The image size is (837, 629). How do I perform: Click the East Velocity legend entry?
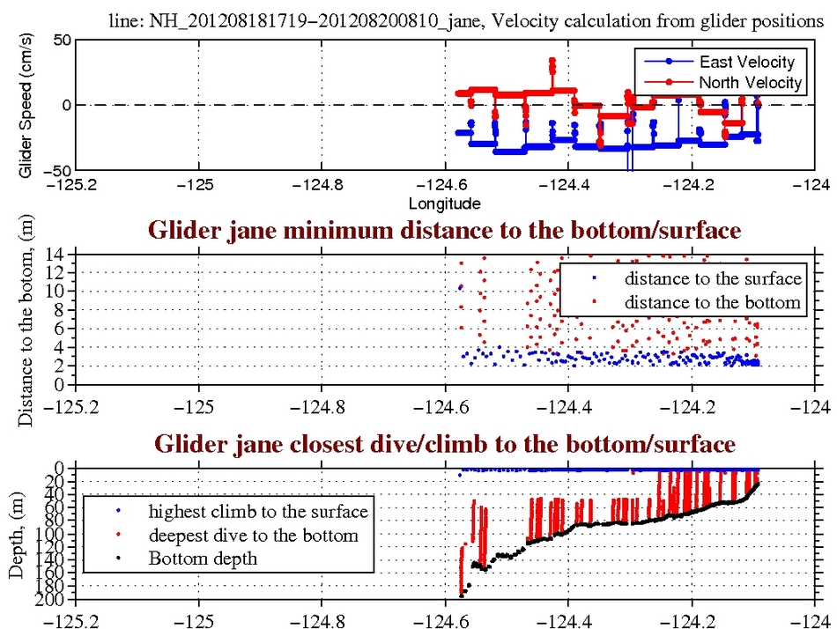pos(746,62)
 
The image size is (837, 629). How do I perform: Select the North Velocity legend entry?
pos(750,83)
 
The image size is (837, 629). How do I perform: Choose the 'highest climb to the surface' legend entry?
pos(257,511)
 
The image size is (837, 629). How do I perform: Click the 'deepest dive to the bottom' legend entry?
pos(253,535)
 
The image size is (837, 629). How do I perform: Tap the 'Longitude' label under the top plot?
pos(444,203)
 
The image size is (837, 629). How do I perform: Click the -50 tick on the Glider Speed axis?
pos(55,170)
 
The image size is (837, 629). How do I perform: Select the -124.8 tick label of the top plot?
pos(321,186)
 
